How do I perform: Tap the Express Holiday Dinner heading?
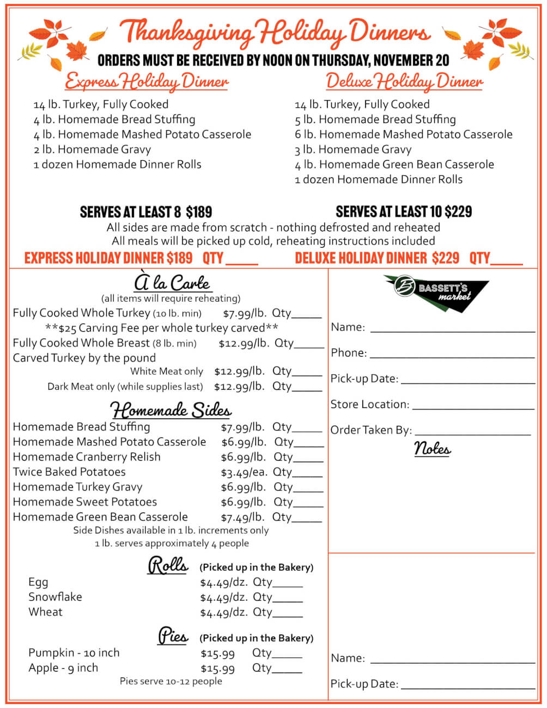click(147, 82)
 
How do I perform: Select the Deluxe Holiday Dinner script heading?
click(404, 82)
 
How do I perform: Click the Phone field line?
click(452, 356)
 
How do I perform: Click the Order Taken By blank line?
click(472, 434)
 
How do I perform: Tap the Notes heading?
click(432, 449)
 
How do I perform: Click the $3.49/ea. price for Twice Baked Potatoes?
click(241, 472)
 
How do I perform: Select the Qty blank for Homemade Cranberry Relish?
click(309, 461)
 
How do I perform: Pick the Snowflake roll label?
click(55, 597)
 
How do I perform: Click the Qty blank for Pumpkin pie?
click(287, 657)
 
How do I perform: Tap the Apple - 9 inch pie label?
click(63, 668)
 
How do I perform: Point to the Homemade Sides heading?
click(171, 410)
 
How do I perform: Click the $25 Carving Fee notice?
click(161, 328)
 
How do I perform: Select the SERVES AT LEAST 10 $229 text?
click(404, 211)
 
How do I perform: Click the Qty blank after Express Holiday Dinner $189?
click(241, 263)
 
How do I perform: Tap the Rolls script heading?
click(168, 565)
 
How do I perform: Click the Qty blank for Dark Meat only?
click(307, 390)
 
